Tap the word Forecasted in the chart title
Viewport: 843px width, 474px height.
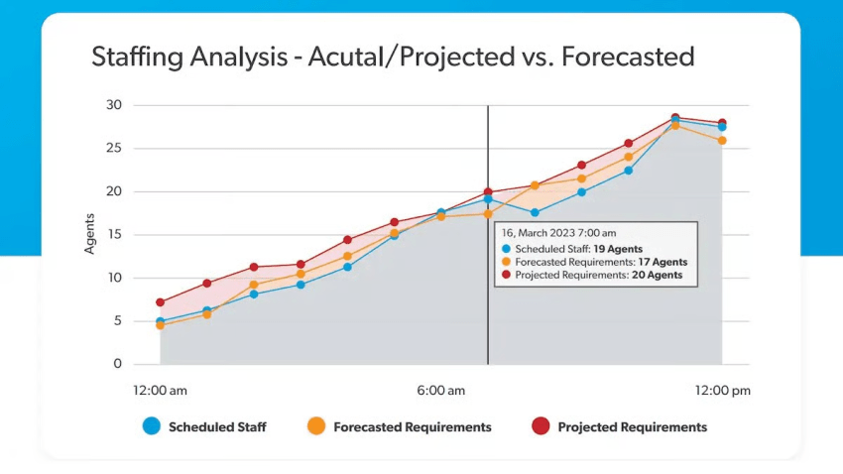click(627, 57)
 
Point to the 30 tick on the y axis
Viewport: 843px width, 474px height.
click(114, 105)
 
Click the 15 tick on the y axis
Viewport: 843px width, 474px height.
click(114, 235)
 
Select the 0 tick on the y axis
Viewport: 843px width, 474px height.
click(117, 365)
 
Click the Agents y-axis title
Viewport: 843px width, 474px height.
click(89, 234)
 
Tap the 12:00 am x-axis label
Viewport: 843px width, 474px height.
click(162, 391)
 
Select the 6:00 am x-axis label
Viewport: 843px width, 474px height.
click(440, 391)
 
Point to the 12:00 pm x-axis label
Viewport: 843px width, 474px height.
click(721, 391)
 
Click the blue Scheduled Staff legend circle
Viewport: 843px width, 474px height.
click(151, 426)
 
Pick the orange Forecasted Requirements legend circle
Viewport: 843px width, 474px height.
click(316, 426)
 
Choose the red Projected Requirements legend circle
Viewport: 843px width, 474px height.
click(540, 426)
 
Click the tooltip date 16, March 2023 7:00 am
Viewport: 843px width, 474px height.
click(560, 234)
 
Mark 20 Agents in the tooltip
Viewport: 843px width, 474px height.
click(657, 276)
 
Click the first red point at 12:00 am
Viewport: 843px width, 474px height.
click(161, 302)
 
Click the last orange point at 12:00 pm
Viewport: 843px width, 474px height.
click(722, 141)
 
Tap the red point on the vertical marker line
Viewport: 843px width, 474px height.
click(488, 192)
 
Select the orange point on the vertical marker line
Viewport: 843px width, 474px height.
click(488, 214)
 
